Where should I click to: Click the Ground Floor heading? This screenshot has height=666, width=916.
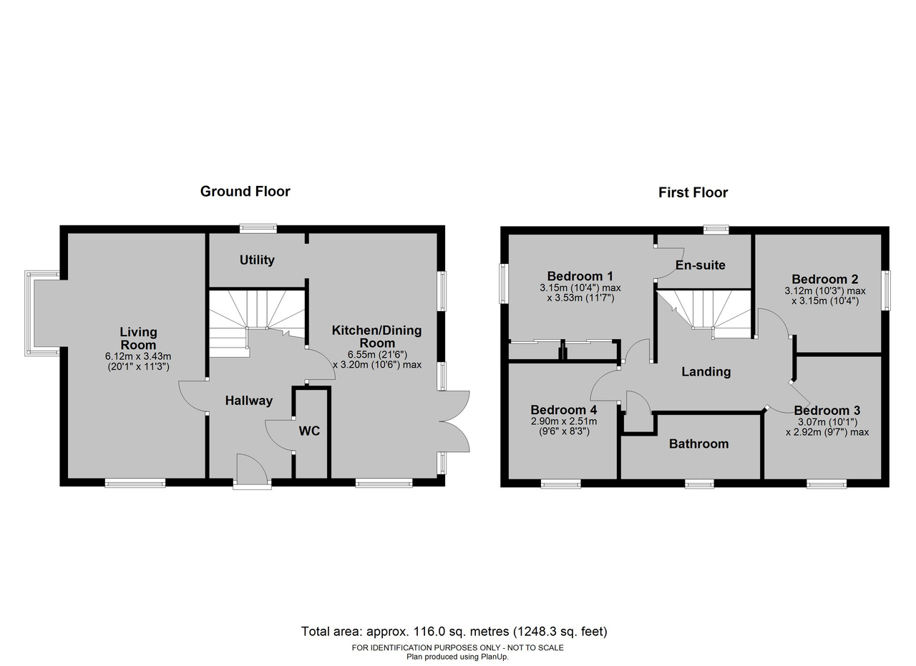[x=245, y=191]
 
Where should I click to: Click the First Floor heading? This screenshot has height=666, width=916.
[x=693, y=192]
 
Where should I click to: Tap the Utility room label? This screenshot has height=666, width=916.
[x=257, y=260]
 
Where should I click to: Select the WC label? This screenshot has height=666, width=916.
[x=309, y=431]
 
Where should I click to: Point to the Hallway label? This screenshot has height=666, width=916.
[x=248, y=401]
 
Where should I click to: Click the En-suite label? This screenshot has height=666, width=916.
[x=700, y=265]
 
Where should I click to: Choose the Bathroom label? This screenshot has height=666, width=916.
[x=699, y=444]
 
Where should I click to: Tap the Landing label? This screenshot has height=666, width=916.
[x=706, y=372]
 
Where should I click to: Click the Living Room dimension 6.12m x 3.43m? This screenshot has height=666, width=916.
[x=138, y=356]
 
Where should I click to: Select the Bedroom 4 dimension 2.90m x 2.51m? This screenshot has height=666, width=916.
[x=563, y=421]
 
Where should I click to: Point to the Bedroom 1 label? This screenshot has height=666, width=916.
[x=580, y=276]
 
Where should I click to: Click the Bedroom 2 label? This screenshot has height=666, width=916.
[x=824, y=279]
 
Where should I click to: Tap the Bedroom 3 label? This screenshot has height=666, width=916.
[x=827, y=410]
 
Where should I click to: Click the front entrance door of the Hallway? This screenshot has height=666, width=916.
[x=252, y=471]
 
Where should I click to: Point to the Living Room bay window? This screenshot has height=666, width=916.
[x=42, y=313]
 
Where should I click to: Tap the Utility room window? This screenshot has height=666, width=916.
[x=258, y=228]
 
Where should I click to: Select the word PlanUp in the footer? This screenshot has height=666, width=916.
[x=494, y=657]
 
